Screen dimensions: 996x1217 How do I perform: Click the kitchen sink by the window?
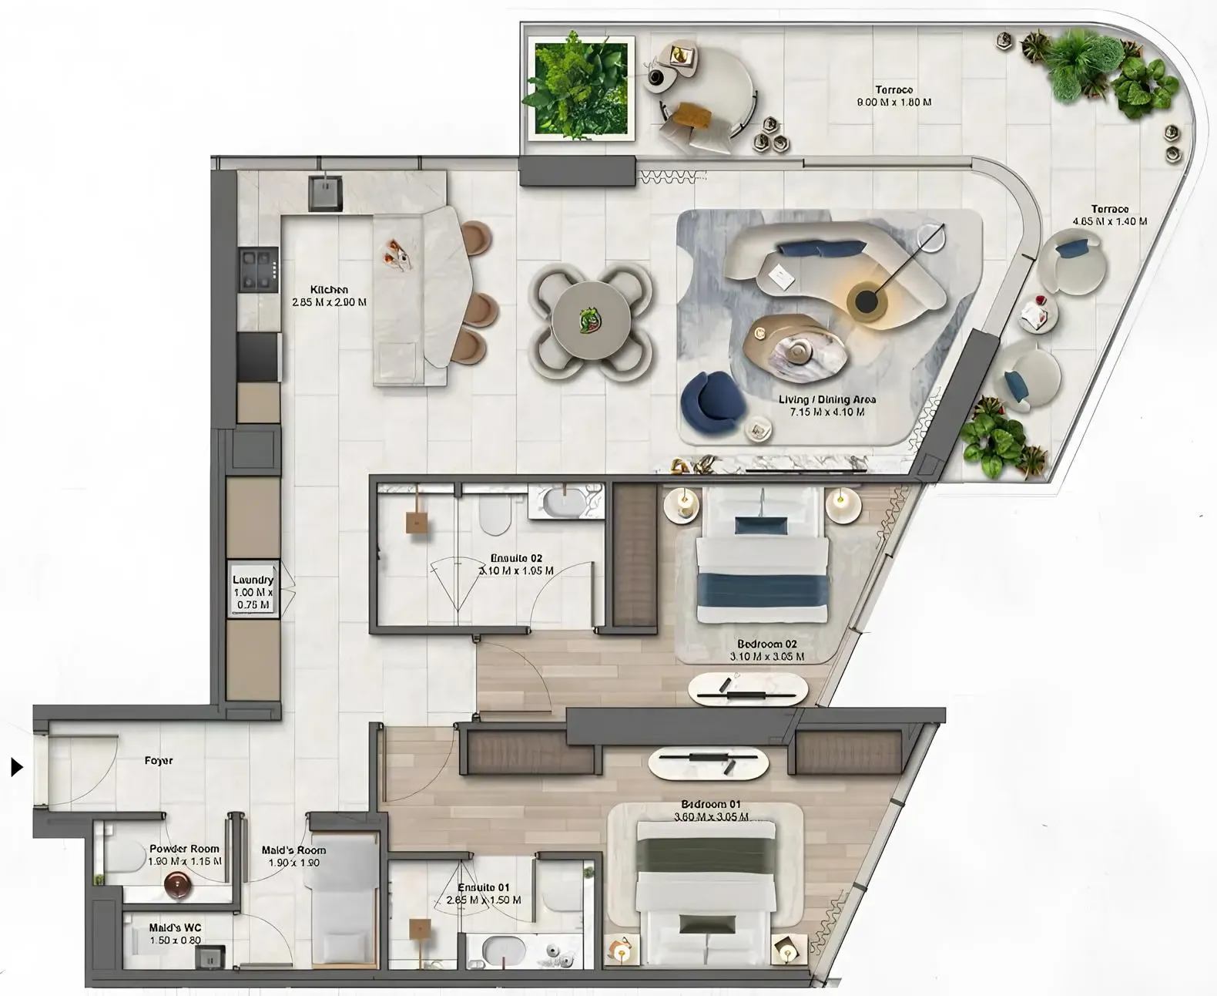click(x=327, y=192)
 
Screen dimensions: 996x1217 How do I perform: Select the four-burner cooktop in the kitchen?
click(x=257, y=269)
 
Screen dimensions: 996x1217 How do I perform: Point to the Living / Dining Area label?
click(x=826, y=405)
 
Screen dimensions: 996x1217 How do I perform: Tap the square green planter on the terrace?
click(x=580, y=90)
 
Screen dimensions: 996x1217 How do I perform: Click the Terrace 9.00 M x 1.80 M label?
click(x=893, y=96)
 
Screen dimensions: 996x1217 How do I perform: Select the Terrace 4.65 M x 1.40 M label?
click(x=1109, y=215)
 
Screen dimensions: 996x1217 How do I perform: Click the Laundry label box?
click(x=253, y=592)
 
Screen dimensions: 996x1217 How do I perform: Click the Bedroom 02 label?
click(x=766, y=650)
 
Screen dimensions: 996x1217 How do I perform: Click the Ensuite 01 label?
click(x=483, y=893)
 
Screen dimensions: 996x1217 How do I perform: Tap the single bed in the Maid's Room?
click(x=345, y=902)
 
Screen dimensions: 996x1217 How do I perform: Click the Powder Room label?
click(x=185, y=854)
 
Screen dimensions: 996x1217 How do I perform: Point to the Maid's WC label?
click(x=175, y=934)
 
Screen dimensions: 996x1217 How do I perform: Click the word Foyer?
click(x=159, y=761)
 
